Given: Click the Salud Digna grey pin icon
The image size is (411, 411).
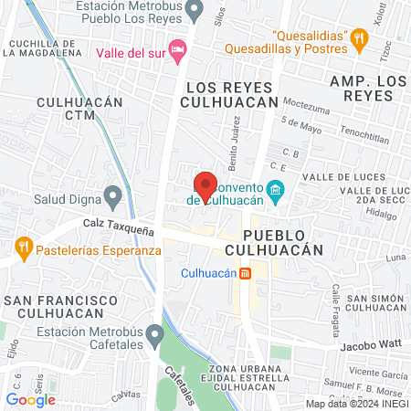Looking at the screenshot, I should pyautogui.click(x=113, y=195).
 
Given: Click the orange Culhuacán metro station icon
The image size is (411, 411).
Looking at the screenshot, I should pyautogui.click(x=245, y=273).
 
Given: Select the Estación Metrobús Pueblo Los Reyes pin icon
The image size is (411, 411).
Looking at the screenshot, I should pyautogui.click(x=193, y=11).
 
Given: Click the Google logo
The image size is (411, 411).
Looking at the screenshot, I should pyautogui.click(x=30, y=399).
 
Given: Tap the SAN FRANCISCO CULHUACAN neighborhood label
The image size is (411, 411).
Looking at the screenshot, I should pyautogui.click(x=61, y=307).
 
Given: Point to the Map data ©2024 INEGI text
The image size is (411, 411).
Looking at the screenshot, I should pyautogui.click(x=357, y=404).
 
